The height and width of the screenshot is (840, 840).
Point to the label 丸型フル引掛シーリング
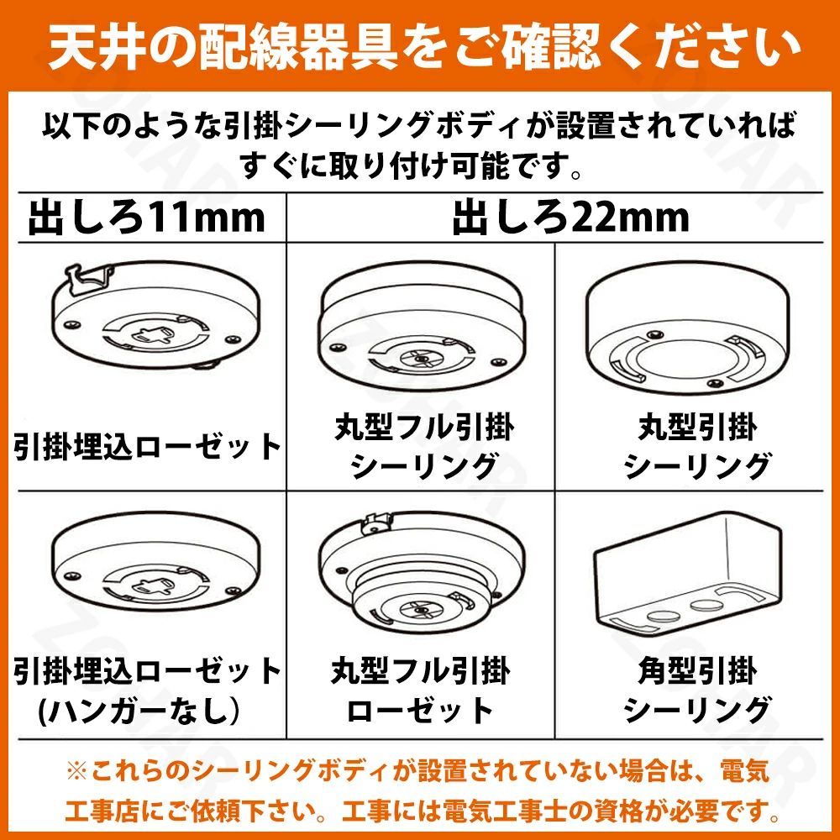(x=423, y=447)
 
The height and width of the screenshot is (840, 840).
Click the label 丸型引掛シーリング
(x=697, y=447)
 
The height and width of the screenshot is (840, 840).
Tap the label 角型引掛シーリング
(x=697, y=690)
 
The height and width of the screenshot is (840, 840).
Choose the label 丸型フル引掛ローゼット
(x=421, y=690)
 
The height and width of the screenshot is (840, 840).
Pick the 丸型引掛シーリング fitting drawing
(x=687, y=328)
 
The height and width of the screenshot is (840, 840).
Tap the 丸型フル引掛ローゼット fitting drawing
(x=422, y=572)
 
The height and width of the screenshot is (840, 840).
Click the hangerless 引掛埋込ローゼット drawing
(x=156, y=560)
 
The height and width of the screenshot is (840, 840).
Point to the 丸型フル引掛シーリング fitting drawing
(x=422, y=327)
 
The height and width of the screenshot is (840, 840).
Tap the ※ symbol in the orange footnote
(x=76, y=772)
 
